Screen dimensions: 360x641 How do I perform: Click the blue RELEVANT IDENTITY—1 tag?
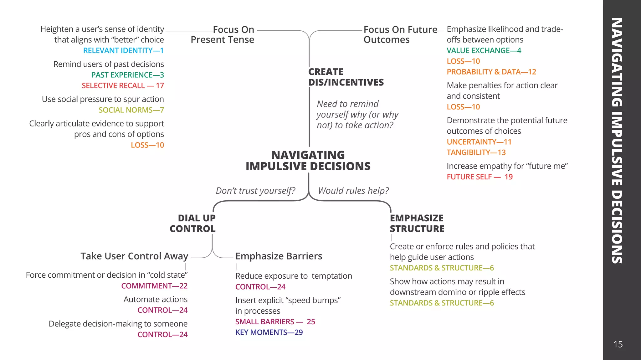pyautogui.click(x=123, y=50)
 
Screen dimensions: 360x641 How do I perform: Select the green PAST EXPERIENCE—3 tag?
pyautogui.click(x=127, y=75)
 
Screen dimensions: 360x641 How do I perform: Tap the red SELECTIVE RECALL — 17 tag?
pyautogui.click(x=123, y=85)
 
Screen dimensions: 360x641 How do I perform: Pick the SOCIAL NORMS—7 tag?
pyautogui.click(x=131, y=110)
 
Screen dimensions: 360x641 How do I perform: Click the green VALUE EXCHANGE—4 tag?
pyautogui.click(x=484, y=50)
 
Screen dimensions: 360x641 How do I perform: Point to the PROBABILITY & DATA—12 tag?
pyautogui.click(x=491, y=72)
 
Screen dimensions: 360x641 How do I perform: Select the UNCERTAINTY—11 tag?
pyautogui.click(x=479, y=142)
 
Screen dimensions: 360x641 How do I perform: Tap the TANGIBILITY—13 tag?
pyautogui.click(x=476, y=152)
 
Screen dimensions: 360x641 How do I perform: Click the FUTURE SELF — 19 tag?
pyautogui.click(x=479, y=177)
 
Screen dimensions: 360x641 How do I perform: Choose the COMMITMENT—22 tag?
pyautogui.click(x=154, y=286)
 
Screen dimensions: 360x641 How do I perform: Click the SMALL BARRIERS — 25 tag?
pyautogui.click(x=275, y=321)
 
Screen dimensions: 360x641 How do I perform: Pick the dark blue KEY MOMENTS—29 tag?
pyautogui.click(x=269, y=332)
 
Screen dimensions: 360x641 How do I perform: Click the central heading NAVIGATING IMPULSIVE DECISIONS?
pyautogui.click(x=308, y=161)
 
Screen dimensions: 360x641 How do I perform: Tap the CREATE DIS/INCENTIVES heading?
pyautogui.click(x=346, y=77)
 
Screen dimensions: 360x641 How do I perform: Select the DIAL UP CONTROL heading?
pyautogui.click(x=192, y=223)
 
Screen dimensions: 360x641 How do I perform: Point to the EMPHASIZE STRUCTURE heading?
pyautogui.click(x=417, y=223)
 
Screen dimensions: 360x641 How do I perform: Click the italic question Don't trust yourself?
pyautogui.click(x=255, y=191)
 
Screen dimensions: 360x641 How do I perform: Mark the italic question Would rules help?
pyautogui.click(x=353, y=191)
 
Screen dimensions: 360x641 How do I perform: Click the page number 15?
pyautogui.click(x=618, y=344)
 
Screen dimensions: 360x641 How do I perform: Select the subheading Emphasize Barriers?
pyautogui.click(x=279, y=256)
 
